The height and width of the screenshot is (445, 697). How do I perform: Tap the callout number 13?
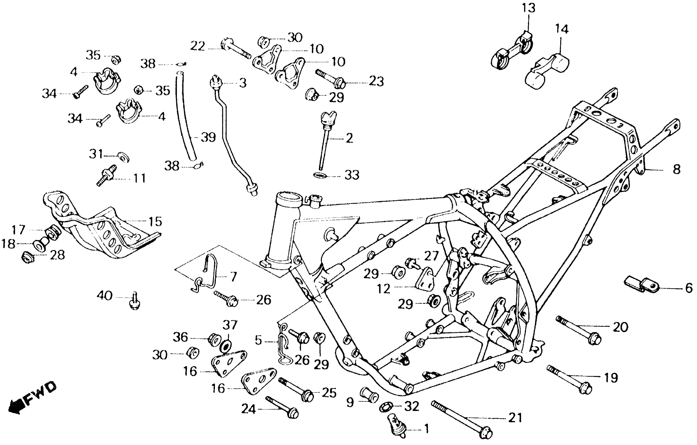coord(528,8)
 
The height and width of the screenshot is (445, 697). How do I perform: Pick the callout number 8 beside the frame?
coord(676,169)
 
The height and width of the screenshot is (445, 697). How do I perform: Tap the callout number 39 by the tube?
coord(208,137)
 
